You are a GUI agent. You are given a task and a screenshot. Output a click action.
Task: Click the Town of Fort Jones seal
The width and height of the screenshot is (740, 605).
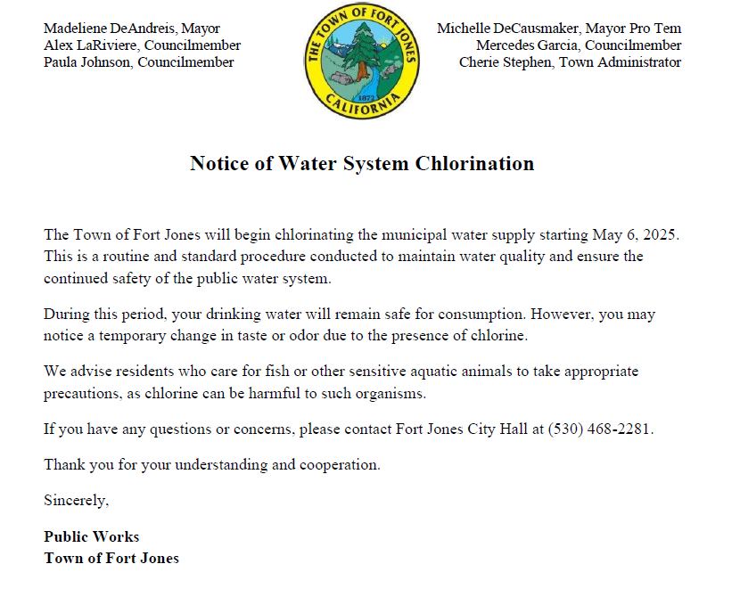tap(362, 61)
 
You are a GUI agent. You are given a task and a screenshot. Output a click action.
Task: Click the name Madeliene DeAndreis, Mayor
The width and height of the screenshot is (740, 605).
tap(132, 29)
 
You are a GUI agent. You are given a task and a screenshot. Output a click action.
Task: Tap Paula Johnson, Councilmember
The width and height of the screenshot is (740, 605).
tap(139, 62)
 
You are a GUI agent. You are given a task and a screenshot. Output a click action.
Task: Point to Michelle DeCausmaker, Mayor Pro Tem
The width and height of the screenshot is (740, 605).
tap(559, 29)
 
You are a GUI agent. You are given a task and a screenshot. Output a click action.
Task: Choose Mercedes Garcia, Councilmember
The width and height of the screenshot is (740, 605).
tap(579, 45)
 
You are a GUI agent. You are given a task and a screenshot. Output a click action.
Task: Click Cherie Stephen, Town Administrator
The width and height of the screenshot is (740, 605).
tap(571, 62)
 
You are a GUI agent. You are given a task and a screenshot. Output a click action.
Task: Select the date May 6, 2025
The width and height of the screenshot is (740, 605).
tap(636, 235)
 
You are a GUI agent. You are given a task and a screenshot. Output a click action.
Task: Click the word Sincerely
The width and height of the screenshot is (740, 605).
tap(76, 501)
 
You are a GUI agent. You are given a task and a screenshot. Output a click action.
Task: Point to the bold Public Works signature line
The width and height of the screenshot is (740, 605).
tap(92, 536)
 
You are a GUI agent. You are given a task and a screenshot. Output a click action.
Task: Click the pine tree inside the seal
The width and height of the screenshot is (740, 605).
tap(363, 53)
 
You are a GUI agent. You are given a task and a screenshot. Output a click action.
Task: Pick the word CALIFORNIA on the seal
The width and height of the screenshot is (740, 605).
tap(363, 106)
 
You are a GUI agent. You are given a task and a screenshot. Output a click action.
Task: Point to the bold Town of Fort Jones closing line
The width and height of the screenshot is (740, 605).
tap(111, 559)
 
